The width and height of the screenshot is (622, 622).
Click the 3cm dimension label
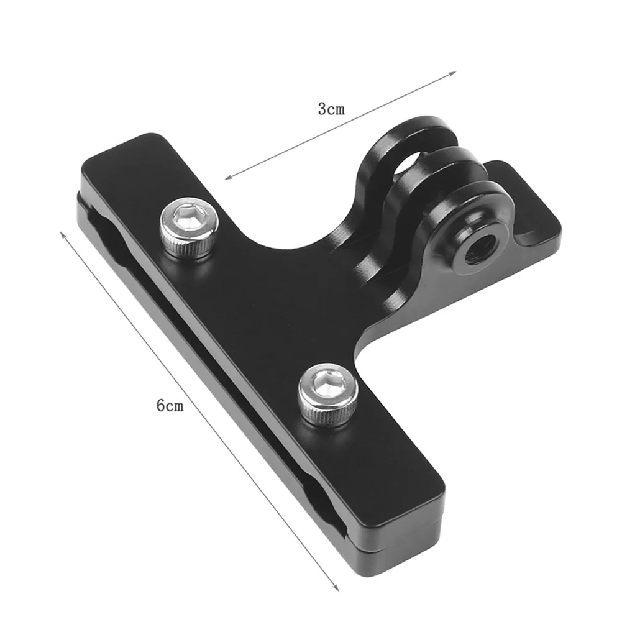point(331,109)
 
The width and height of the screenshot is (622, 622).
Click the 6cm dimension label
point(170,405)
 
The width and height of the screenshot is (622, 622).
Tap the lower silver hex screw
point(327,395)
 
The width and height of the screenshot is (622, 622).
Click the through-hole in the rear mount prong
point(406,163)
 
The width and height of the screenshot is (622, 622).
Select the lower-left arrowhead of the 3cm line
point(229,177)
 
